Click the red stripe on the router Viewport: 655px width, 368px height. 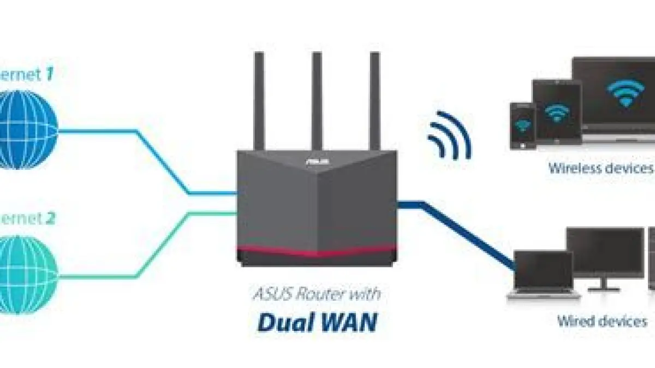(x=317, y=251)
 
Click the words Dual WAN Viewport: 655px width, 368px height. (x=317, y=322)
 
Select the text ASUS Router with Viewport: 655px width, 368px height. (x=317, y=295)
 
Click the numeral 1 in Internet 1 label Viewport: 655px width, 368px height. (x=49, y=75)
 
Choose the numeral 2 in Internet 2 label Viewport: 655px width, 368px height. (x=50, y=219)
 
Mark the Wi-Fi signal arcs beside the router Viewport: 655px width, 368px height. (x=449, y=136)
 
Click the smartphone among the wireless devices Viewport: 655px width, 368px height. (x=521, y=125)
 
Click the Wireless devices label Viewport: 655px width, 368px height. (x=600, y=168)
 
